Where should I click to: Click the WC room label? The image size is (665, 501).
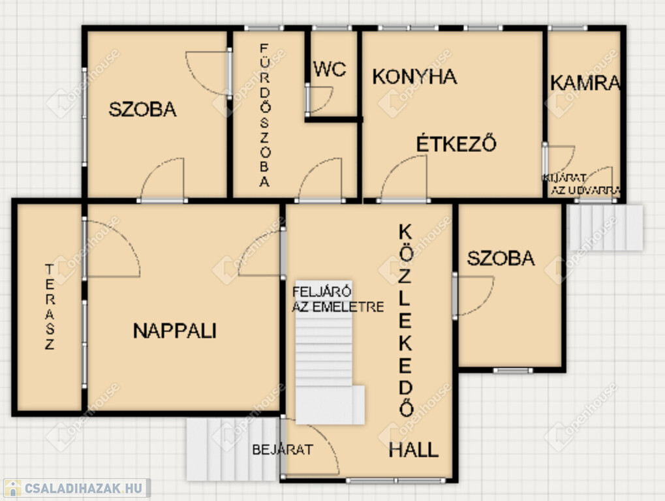point(330,69)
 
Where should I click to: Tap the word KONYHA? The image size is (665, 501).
point(414,77)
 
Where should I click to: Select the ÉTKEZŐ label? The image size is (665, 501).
point(456,144)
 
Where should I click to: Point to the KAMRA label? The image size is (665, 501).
point(585,83)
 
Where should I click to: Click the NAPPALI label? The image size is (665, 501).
point(175,331)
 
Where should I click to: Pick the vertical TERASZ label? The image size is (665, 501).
point(50,307)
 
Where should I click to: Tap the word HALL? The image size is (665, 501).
point(414,449)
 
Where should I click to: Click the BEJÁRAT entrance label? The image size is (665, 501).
point(283,449)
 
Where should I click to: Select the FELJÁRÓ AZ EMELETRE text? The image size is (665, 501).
point(337,299)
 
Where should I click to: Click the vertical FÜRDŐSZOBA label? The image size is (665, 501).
point(265,115)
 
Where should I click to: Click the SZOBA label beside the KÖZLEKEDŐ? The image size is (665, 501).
point(501,258)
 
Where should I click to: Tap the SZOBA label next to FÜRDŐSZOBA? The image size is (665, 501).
point(142,110)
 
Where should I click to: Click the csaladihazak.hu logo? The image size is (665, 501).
point(76,488)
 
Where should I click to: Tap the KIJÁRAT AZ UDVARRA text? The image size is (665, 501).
point(581,185)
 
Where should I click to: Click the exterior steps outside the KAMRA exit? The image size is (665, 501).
point(606,228)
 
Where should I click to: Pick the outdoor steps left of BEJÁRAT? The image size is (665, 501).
point(233,449)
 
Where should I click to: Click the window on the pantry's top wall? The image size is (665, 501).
point(568,28)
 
